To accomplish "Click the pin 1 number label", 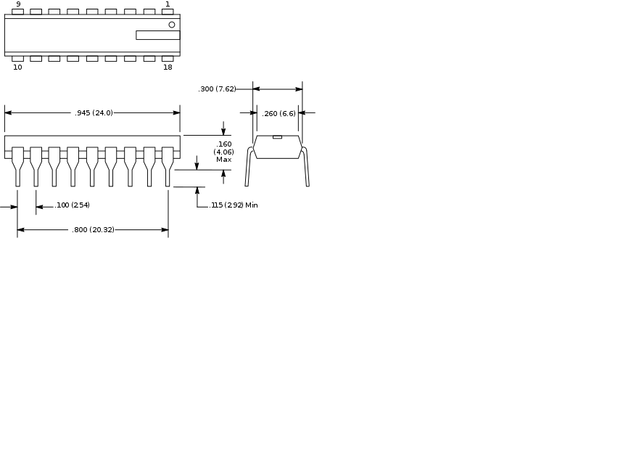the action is point(168,4).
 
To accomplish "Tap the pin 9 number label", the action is point(18,4).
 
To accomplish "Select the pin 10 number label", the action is point(17,67).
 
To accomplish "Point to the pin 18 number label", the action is point(168,67).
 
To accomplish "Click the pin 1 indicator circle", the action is point(172,25).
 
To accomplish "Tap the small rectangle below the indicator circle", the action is point(158,35).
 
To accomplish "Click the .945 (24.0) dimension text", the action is point(94,112).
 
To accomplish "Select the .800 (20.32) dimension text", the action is point(93,229).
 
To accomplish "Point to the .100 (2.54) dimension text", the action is point(73,205).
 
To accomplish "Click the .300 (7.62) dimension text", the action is point(217,89).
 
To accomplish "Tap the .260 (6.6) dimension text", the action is point(279,114).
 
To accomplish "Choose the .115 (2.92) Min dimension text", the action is point(234,205).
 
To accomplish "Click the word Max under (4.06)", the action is point(223,160).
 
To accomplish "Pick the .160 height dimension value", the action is point(223,144).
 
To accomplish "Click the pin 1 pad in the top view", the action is point(168,12).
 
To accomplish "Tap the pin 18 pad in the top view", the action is point(168,59).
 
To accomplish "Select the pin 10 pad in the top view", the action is point(17,59).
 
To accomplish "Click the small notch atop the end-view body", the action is point(277,137).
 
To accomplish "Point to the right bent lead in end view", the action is point(305,166).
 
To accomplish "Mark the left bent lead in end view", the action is point(249,166).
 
